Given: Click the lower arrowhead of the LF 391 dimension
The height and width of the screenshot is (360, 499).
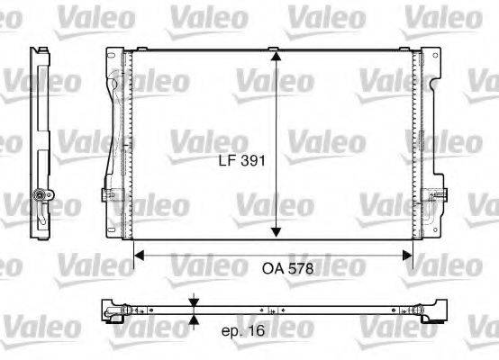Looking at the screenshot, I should (x=276, y=235).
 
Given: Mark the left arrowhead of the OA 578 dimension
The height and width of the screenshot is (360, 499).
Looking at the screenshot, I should (x=139, y=256).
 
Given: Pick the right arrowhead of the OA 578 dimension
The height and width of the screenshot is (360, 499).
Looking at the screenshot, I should (x=409, y=256).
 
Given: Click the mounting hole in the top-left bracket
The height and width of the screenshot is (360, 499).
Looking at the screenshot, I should (x=111, y=58).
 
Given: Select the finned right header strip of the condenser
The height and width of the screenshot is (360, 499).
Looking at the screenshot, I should (x=418, y=144).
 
